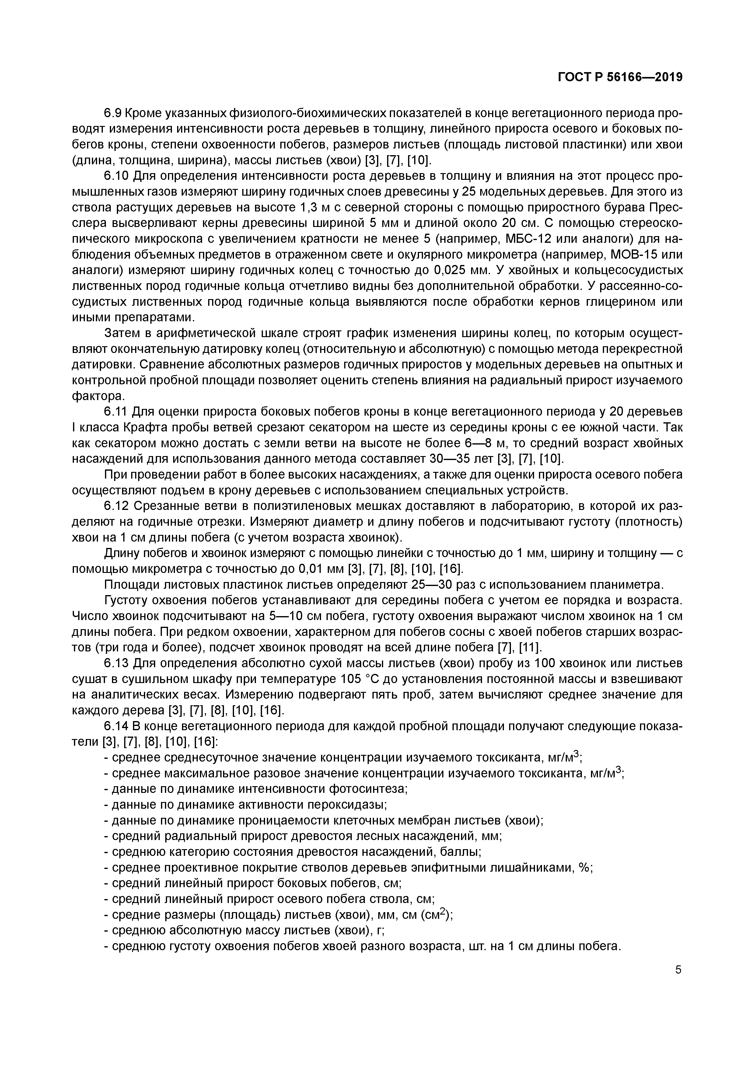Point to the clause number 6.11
tap(116, 412)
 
